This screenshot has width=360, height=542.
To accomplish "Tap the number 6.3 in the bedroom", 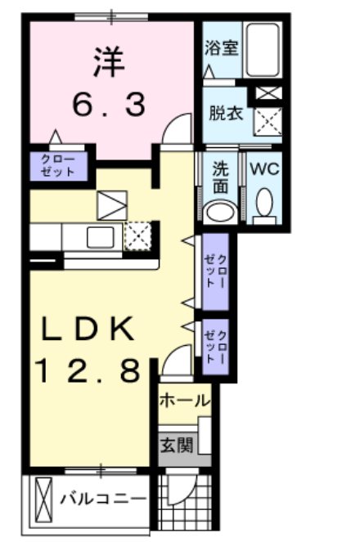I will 108,104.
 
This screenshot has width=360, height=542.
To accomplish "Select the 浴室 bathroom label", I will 222,47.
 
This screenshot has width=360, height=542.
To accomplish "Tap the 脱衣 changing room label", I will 226,114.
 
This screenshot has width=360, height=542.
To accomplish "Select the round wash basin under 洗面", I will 218,212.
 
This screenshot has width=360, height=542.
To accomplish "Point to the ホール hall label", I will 183,401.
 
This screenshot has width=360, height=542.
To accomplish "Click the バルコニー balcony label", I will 103,499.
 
